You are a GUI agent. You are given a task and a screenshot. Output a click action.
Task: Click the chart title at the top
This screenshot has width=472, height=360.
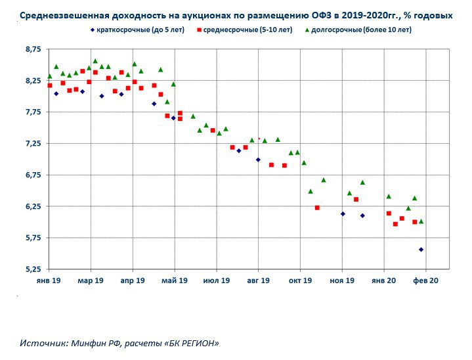click(236, 14)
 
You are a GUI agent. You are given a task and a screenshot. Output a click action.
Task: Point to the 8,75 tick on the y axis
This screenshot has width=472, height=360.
click(32, 49)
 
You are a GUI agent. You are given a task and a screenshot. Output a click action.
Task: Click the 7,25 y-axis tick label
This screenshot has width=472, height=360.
click(32, 143)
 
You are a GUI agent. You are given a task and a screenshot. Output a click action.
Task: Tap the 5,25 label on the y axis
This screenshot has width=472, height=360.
click(32, 269)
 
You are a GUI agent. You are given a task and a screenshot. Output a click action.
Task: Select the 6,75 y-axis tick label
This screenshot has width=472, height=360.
click(32, 175)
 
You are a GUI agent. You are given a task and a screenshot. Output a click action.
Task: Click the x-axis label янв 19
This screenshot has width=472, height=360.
click(49, 281)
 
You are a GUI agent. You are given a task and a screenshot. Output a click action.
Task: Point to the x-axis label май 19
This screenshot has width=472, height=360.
click(174, 281)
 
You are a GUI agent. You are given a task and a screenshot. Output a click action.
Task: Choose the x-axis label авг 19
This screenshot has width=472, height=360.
click(258, 281)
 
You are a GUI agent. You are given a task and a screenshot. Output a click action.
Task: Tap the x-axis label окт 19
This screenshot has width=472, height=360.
click(300, 281)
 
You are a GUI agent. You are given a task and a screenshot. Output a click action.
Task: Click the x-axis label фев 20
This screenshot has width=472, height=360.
click(425, 281)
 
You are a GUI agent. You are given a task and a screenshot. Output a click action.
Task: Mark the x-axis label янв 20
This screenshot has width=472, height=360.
click(384, 281)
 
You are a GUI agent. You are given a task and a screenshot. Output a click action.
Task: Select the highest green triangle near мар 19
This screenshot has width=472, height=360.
click(95, 61)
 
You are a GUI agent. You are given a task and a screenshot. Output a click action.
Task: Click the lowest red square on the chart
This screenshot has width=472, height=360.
click(395, 224)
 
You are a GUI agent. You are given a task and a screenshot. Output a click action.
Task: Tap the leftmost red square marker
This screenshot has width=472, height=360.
click(50, 86)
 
